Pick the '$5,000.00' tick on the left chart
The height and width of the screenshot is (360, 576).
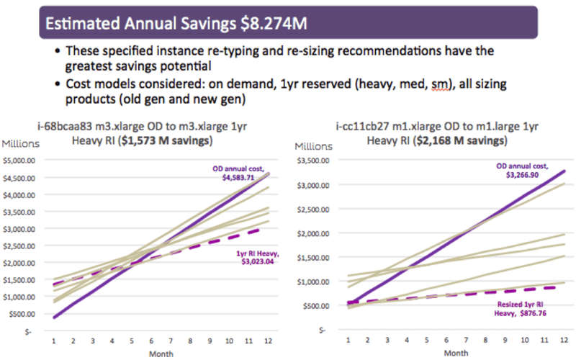click(x=23, y=158)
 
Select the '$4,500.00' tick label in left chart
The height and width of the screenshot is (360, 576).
click(x=23, y=176)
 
